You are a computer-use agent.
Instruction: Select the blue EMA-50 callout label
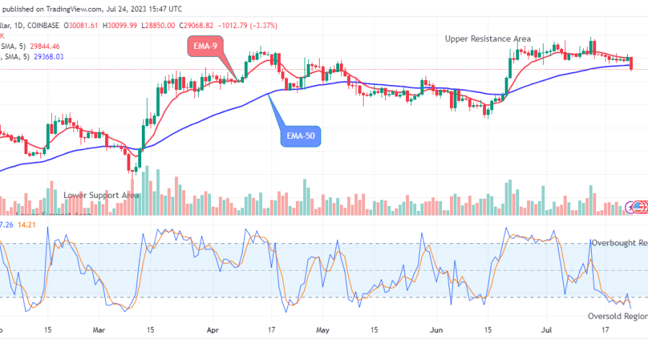click(x=301, y=135)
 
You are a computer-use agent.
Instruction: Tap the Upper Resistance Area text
click(x=487, y=38)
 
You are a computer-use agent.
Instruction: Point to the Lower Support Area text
click(x=101, y=195)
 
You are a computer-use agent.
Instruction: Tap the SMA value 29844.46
click(x=48, y=46)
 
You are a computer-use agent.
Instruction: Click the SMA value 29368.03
click(x=48, y=56)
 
